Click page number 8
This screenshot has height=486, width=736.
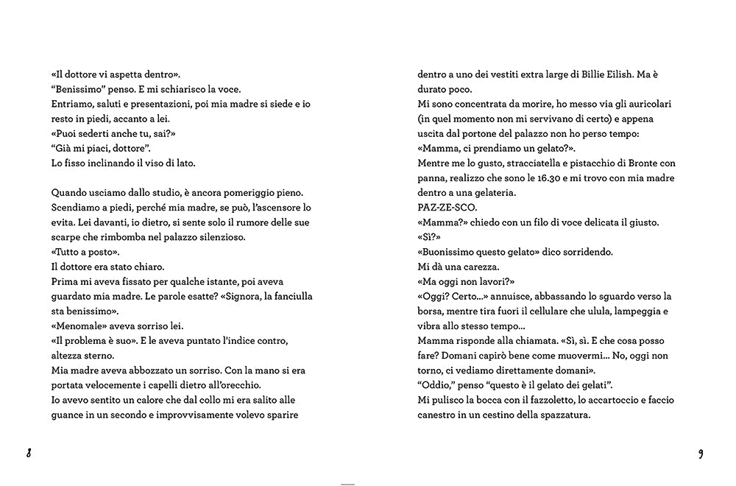29,453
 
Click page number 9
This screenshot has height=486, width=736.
701,453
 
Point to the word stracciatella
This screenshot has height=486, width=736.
522,163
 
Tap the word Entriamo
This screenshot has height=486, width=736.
74,104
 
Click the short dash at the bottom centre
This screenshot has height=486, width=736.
348,484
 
